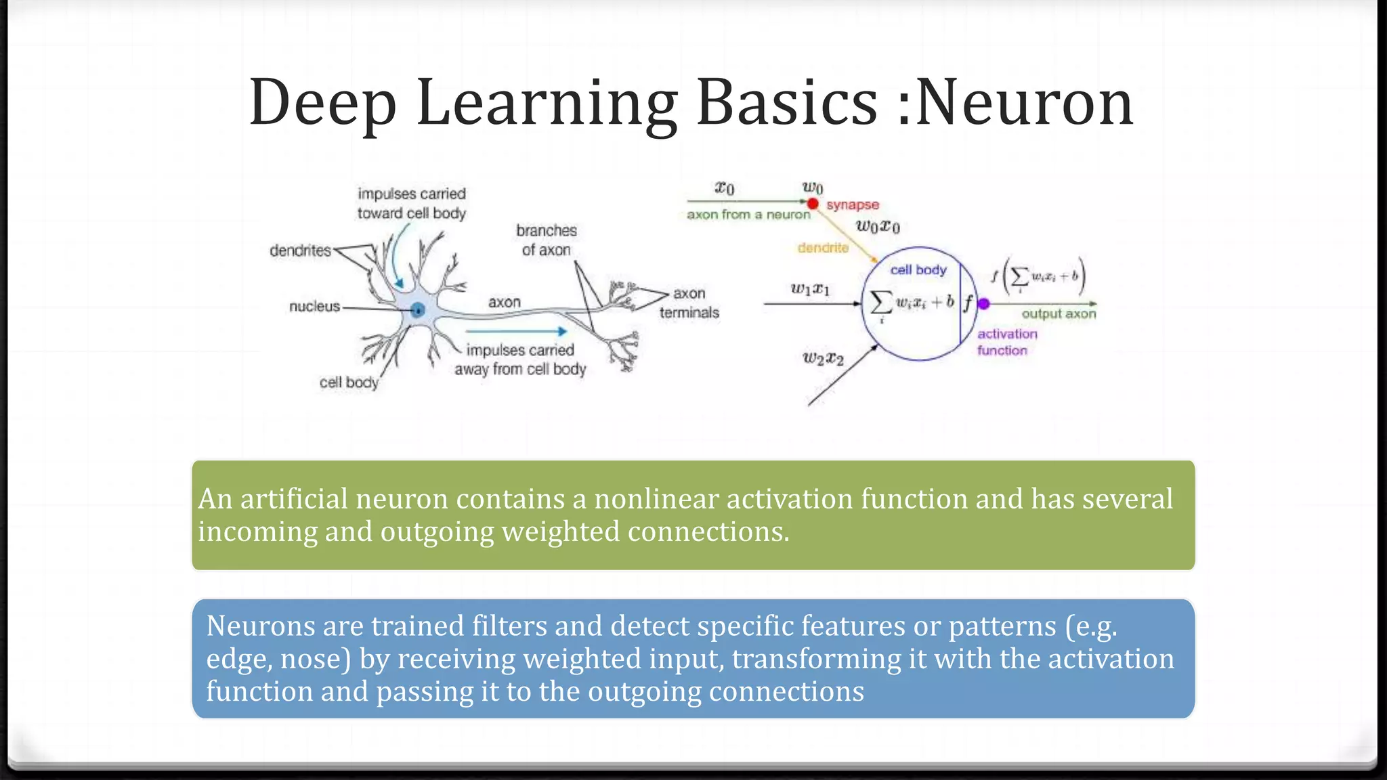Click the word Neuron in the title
pyautogui.click(x=1024, y=103)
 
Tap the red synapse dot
pyautogui.click(x=813, y=203)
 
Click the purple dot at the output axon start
pyautogui.click(x=984, y=304)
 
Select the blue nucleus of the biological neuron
pyautogui.click(x=418, y=310)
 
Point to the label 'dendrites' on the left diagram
pyautogui.click(x=300, y=251)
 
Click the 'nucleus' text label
pyautogui.click(x=314, y=307)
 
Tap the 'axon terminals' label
pyautogui.click(x=689, y=303)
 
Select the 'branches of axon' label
pyautogui.click(x=546, y=240)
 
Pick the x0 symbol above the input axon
pyautogui.click(x=724, y=188)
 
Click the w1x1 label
pyautogui.click(x=810, y=289)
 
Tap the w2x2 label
pyautogui.click(x=823, y=358)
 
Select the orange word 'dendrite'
pyautogui.click(x=823, y=248)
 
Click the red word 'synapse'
pyautogui.click(x=853, y=204)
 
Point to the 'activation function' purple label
pyautogui.click(x=1006, y=342)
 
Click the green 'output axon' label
pyautogui.click(x=1058, y=314)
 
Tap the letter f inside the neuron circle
pyautogui.click(x=968, y=303)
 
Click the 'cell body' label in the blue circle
pyautogui.click(x=918, y=269)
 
